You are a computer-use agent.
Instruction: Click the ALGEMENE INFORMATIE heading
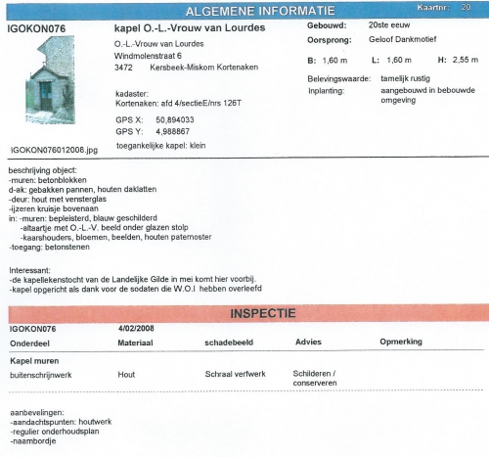[261, 10]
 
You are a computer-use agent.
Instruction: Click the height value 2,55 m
[462, 61]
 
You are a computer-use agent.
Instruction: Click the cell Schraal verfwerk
[236, 374]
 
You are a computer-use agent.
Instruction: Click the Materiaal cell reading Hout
[126, 374]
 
